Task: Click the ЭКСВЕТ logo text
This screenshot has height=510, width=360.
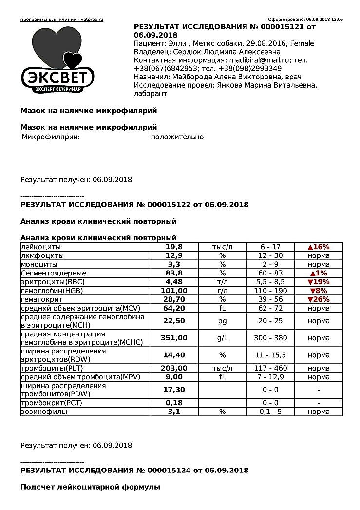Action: [x=57, y=77]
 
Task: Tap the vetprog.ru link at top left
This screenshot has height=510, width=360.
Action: [x=62, y=20]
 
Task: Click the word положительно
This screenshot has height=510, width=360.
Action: [x=177, y=137]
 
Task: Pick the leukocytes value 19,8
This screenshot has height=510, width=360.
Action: [x=173, y=247]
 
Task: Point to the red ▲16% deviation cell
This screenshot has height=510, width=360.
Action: [x=319, y=247]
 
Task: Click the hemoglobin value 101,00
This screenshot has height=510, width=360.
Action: [x=173, y=290]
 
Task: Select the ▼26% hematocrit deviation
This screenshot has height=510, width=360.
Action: [x=319, y=299]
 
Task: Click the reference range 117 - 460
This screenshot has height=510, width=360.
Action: [x=270, y=368]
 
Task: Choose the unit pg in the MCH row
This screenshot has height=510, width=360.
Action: [x=222, y=321]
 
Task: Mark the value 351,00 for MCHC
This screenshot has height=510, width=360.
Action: [x=173, y=338]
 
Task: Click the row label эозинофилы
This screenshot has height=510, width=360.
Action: [x=43, y=412]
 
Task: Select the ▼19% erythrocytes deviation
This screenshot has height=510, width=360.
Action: [x=319, y=282]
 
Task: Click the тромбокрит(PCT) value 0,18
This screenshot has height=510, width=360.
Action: [x=173, y=403]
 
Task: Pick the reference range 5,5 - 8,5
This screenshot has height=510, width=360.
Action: [x=270, y=282]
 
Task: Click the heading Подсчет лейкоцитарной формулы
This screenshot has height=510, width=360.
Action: [x=90, y=487]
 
